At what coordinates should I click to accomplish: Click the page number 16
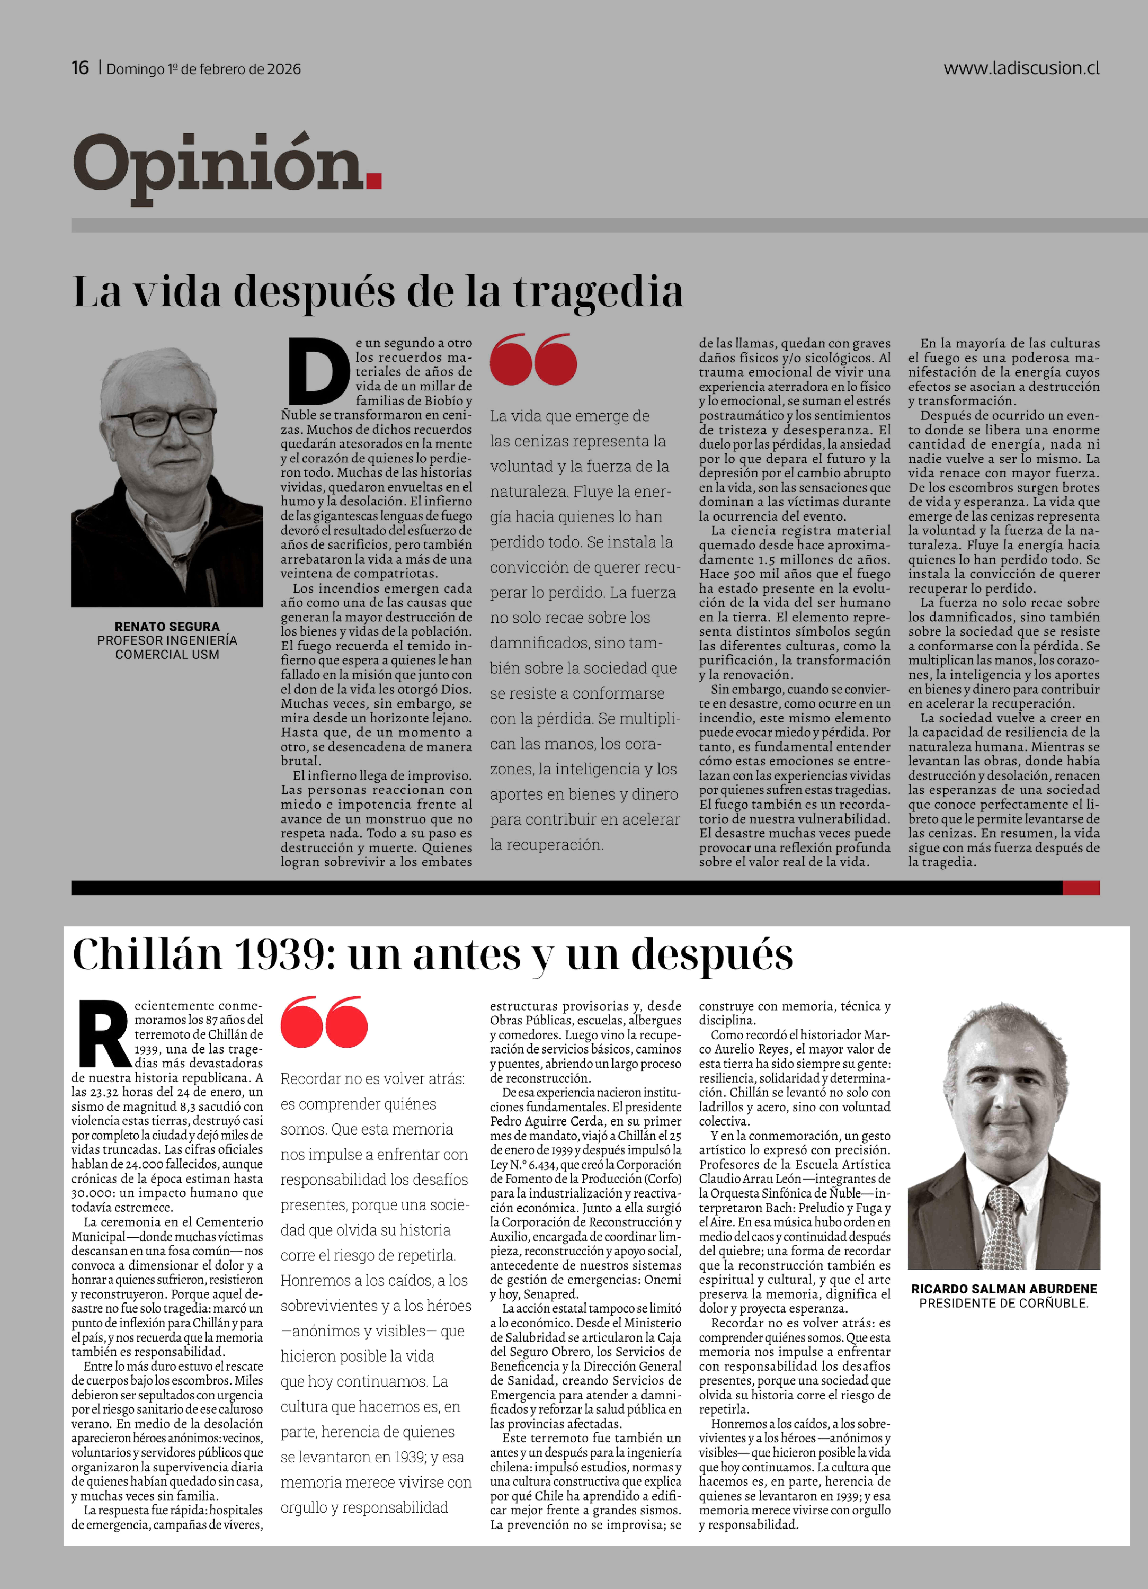pyautogui.click(x=80, y=68)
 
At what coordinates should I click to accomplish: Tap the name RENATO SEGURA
pyautogui.click(x=167, y=626)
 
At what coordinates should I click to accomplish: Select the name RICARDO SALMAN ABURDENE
pyautogui.click(x=1004, y=1288)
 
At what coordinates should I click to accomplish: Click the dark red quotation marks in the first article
pyautogui.click(x=533, y=359)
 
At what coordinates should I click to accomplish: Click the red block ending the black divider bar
pyautogui.click(x=1081, y=888)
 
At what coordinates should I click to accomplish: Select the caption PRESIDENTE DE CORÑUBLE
pyautogui.click(x=1004, y=1303)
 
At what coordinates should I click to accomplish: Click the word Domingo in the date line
pyautogui.click(x=135, y=69)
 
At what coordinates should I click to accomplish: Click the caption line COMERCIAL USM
pyautogui.click(x=167, y=654)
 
